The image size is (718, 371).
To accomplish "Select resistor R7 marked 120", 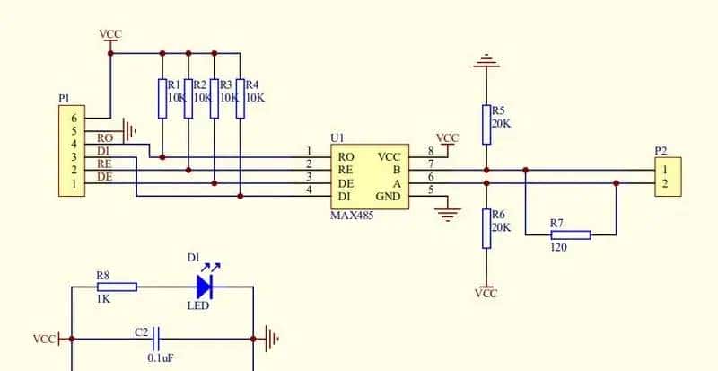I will point(570,234).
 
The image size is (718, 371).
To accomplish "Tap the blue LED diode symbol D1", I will point(204,287).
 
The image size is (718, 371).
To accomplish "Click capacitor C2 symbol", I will point(157,339).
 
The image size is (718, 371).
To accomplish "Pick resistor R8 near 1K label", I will point(116,287).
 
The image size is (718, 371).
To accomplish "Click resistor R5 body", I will point(486,122).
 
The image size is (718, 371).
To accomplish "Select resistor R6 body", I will point(486,227).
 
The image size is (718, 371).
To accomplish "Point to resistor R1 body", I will point(162,98).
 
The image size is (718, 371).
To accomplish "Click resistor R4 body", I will point(241,98).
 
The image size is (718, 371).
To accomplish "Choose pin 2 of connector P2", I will point(664,183).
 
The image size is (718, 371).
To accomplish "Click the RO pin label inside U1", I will point(345,156).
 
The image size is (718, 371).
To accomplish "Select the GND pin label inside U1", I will point(389,197).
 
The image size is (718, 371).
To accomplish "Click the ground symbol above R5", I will point(486,63).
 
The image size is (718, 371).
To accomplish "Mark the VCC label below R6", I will point(486,294).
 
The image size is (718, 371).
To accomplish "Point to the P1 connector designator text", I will point(63,97).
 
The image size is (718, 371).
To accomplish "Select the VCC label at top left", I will point(111,34).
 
